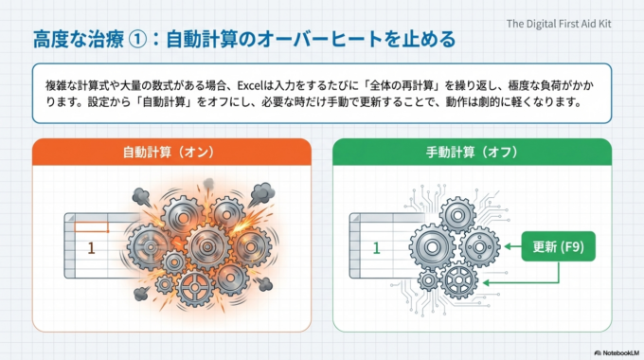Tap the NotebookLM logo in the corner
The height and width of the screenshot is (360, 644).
click(607, 351)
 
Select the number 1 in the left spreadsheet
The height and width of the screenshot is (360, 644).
click(91, 248)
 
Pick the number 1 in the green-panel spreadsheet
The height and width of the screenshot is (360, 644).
click(376, 248)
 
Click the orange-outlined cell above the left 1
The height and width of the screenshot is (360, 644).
click(91, 225)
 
